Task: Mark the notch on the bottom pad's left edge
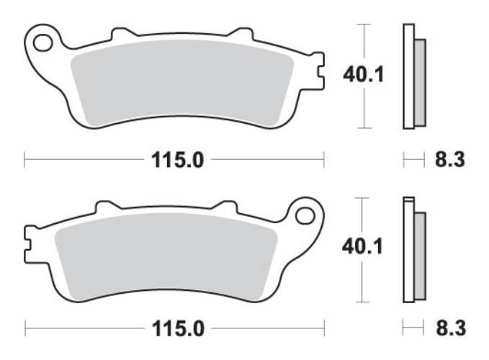(30, 240)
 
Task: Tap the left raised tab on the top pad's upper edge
(122, 33)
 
